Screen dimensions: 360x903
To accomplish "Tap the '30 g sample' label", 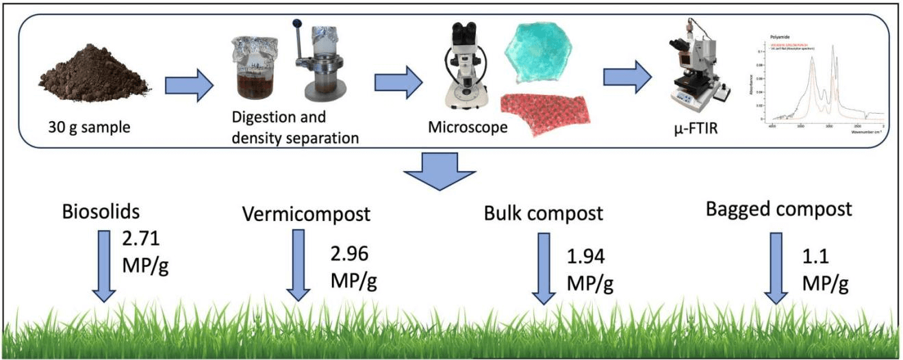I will point(89,128).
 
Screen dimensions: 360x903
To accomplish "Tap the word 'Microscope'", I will point(468,127).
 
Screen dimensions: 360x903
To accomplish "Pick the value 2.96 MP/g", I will point(354,267).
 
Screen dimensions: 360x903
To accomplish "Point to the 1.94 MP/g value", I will point(589,269).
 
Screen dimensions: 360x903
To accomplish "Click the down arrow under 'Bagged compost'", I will point(777,268).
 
